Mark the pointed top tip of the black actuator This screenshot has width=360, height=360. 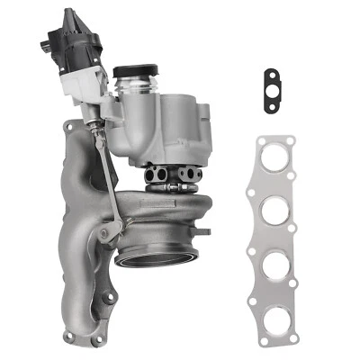tap(69, 11)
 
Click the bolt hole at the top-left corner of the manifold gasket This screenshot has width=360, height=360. tap(262, 142)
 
